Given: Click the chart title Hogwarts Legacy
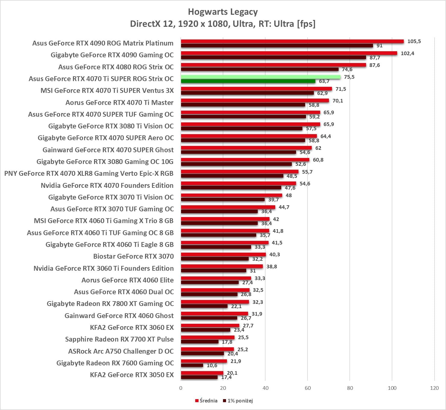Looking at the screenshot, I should click(x=223, y=12).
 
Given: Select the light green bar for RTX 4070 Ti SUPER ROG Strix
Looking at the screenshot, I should click(x=260, y=77).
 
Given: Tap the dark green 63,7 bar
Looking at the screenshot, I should click(x=248, y=81).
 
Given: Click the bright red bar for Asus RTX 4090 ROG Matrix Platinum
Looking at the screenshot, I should click(x=292, y=41).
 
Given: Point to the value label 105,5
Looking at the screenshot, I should click(x=414, y=41).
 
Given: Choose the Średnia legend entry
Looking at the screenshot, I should click(x=206, y=401).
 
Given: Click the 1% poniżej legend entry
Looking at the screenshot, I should click(x=238, y=401).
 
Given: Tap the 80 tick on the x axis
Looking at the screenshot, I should click(x=350, y=388).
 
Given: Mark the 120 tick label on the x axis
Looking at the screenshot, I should click(x=434, y=388).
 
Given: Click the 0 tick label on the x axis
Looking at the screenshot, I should click(x=181, y=388).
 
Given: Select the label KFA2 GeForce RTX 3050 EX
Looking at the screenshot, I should click(x=132, y=375).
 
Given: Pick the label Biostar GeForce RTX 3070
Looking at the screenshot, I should click(x=133, y=256).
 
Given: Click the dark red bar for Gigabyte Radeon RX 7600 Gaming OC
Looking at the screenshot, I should click(x=192, y=365).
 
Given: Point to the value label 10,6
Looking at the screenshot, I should click(x=212, y=365).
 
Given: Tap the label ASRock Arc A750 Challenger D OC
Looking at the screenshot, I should click(x=121, y=351).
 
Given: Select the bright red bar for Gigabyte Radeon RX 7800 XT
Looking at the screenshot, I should click(x=215, y=302).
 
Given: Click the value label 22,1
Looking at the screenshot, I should click(x=236, y=306).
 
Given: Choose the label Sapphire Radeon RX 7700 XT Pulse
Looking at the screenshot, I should click(x=119, y=339).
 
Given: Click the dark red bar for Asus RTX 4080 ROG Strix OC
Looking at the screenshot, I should click(x=260, y=69).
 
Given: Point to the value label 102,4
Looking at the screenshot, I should click(x=407, y=53).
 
